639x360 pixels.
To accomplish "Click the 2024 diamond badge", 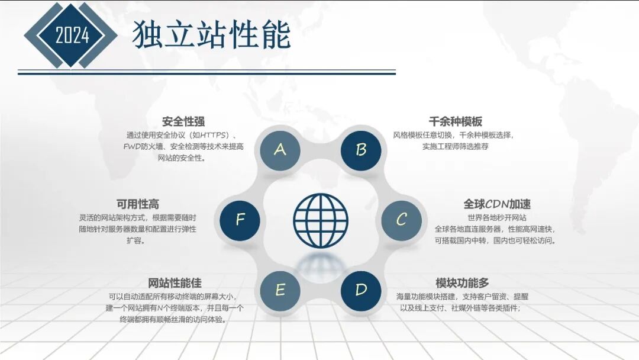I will [72, 35].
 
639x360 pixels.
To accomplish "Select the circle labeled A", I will [280, 150].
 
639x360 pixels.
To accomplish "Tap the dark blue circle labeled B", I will [361, 150].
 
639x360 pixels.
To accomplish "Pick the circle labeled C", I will [401, 220].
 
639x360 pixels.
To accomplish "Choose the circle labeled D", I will [361, 290].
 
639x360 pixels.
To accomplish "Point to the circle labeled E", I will [280, 290].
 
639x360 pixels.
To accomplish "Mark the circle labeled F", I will [240, 220].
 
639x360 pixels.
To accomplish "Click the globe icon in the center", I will [320, 220].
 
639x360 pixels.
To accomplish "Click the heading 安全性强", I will [183, 122].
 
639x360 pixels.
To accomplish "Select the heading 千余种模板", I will [456, 122].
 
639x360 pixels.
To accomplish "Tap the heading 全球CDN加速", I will [497, 204].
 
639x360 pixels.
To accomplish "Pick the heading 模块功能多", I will [462, 283].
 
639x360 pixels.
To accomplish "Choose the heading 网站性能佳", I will [175, 283].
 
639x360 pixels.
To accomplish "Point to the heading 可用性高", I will [138, 204].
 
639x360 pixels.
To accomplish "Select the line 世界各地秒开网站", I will [497, 217].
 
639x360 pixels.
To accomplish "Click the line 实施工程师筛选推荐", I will [456, 146].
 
